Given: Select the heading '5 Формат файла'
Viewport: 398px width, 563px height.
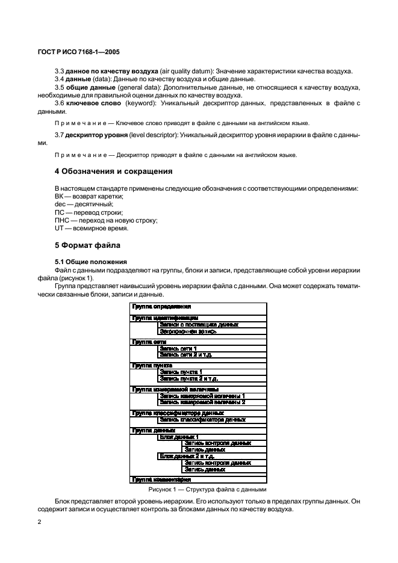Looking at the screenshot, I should pyautogui.click(x=88, y=245).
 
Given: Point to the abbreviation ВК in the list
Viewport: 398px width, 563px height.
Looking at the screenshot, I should pyautogui.click(x=59, y=197).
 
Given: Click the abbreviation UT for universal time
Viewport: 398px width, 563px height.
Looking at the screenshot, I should pyautogui.click(x=59, y=228).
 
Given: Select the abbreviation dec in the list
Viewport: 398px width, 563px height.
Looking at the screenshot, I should pyautogui.click(x=60, y=205).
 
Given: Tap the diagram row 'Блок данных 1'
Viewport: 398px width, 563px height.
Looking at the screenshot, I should pyautogui.click(x=178, y=437).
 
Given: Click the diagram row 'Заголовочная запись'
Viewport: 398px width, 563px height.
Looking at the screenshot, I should pyautogui.click(x=188, y=331).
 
